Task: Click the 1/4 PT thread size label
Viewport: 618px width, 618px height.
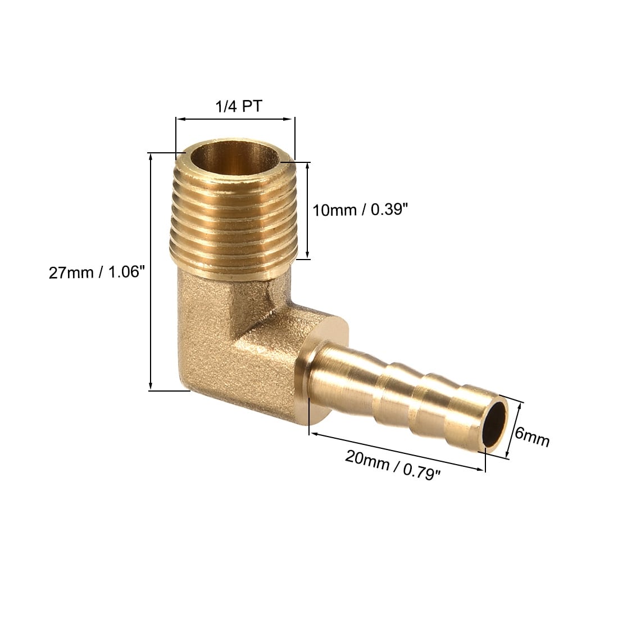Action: click(x=238, y=106)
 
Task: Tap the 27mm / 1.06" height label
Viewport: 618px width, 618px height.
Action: click(x=97, y=272)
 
